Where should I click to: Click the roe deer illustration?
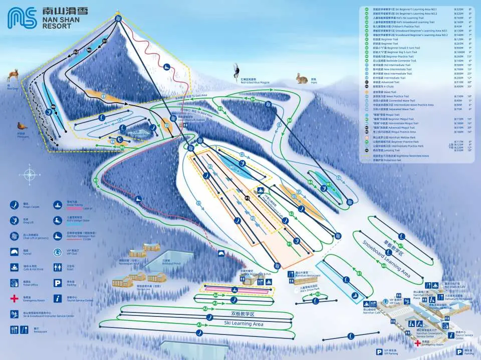pyautogui.click(x=12, y=77)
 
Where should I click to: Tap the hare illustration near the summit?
pyautogui.click(x=301, y=78)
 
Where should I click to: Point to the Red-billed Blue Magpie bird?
pyautogui.click(x=236, y=70)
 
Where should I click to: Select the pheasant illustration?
pyautogui.click(x=22, y=126)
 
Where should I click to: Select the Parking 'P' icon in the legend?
pyautogui.click(x=57, y=283)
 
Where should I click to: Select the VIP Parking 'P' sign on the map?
pyautogui.click(x=379, y=351)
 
